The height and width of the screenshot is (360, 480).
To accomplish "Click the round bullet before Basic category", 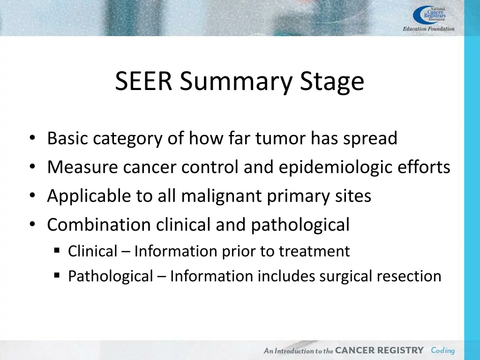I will coord(31,139).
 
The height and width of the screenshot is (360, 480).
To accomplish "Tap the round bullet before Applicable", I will coord(31,196).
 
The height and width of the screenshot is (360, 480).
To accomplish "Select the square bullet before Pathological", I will coord(57,276).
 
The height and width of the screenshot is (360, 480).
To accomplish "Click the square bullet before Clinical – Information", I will coord(57,251).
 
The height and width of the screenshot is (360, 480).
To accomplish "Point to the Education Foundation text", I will coord(428,29).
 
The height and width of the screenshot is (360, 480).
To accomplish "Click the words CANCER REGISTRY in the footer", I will coord(379,350).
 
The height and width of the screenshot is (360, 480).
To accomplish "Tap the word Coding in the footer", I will coord(442,350).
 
